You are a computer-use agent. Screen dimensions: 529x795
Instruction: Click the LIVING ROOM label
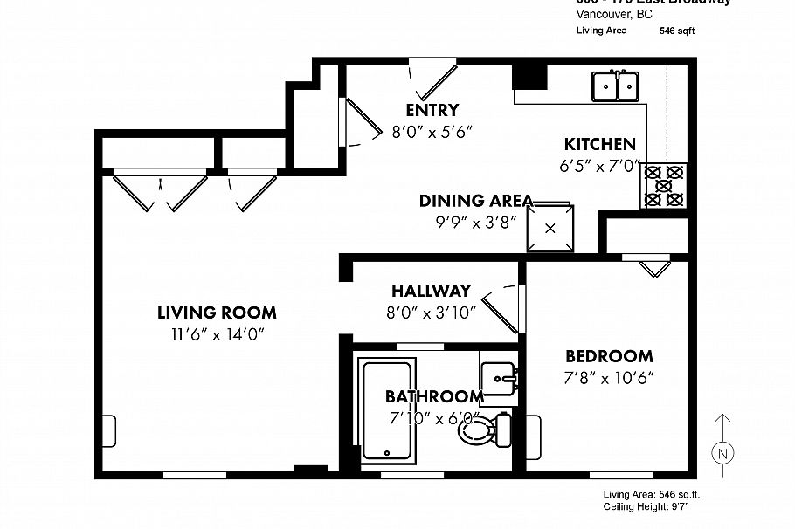217,313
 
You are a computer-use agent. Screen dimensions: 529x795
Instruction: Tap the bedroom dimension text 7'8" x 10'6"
609,377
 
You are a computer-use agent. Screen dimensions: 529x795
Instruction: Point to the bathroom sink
500,378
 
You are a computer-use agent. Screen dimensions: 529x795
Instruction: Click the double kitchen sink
616,86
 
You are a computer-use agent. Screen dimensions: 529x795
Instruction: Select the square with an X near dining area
550,229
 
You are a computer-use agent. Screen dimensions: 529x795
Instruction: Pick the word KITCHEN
599,144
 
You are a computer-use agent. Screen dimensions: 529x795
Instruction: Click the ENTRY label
432,110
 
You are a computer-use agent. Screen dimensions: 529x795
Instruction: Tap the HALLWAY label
431,291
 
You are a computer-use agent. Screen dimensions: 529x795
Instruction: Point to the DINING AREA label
475,201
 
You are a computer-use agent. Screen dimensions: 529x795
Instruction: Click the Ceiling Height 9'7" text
652,506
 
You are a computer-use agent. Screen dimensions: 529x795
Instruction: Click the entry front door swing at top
434,80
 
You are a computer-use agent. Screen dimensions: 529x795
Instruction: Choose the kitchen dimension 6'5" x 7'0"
599,165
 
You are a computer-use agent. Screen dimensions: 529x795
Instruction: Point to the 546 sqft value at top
677,31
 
